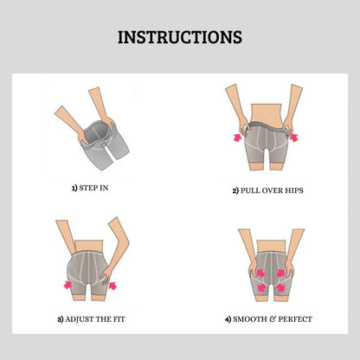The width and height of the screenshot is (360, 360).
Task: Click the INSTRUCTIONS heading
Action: tap(180, 37)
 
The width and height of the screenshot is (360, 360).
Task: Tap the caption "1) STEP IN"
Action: tap(90, 188)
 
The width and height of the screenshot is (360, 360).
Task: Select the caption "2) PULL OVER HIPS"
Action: tap(268, 190)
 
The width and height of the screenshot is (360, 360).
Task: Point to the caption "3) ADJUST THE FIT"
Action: tap(91, 319)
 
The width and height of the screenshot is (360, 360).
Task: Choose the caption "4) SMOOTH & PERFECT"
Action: tap(268, 319)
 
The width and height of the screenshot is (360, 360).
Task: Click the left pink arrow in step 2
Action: tap(237, 138)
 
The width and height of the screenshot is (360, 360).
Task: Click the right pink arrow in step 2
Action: tap(293, 138)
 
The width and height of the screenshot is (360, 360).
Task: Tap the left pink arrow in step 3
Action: tap(67, 285)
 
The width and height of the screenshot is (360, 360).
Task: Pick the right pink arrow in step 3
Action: tap(113, 286)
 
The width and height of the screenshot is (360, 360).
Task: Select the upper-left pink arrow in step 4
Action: tap(261, 273)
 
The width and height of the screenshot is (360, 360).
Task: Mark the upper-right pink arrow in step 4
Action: tap(280, 273)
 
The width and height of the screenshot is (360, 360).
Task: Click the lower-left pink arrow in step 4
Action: tap(261, 287)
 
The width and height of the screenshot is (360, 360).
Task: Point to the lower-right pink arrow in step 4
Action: tap(280, 287)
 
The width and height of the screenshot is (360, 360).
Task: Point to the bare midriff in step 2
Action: tap(266, 113)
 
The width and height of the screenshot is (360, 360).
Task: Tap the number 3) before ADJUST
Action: tap(61, 319)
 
